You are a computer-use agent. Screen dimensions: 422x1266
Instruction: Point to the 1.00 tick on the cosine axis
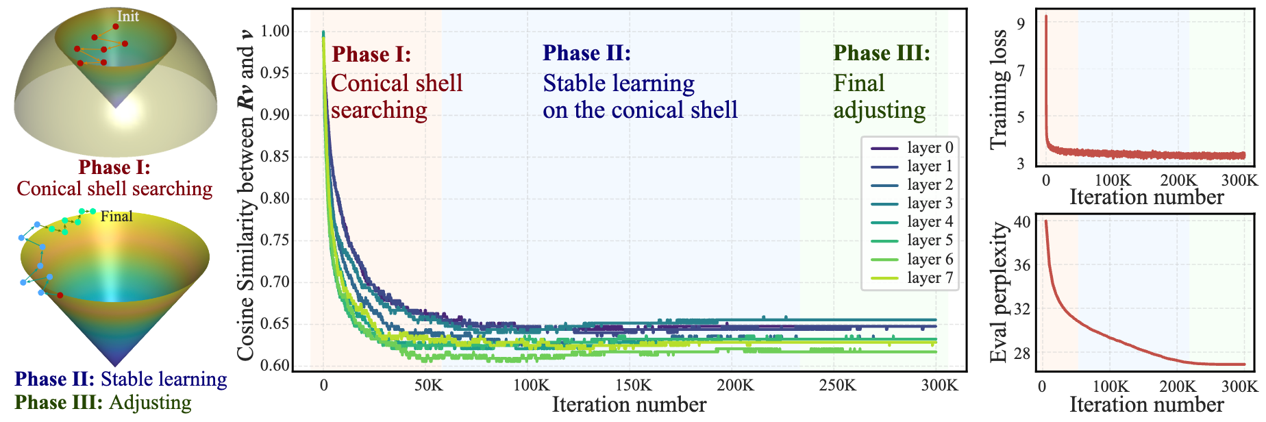(276, 32)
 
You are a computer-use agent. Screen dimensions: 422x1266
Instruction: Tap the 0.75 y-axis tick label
(276, 240)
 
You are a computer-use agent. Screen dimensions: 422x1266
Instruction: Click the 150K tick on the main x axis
(633, 386)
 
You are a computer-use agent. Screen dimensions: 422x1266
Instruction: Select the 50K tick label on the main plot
(428, 386)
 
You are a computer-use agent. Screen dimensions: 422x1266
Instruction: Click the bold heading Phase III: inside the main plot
(882, 53)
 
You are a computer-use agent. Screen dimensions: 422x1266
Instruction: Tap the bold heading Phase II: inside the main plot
(586, 53)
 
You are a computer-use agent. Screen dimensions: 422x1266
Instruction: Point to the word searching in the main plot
(379, 110)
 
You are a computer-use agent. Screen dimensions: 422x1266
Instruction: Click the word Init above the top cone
(128, 16)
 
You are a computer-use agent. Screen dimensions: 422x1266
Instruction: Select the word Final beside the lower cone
(116, 216)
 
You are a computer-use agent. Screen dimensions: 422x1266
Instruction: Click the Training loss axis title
(1000, 89)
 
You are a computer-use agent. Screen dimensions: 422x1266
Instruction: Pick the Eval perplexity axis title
(1000, 293)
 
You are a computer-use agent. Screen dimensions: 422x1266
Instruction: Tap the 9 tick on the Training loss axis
(1021, 25)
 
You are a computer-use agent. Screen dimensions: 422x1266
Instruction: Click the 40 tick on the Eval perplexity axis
(1021, 222)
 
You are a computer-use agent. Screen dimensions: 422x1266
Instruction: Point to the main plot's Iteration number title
(629, 405)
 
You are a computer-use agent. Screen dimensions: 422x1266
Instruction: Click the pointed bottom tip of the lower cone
(115, 365)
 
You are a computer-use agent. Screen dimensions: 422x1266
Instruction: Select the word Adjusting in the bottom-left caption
(150, 402)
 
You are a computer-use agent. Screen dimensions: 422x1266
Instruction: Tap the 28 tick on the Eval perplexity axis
(1021, 353)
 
